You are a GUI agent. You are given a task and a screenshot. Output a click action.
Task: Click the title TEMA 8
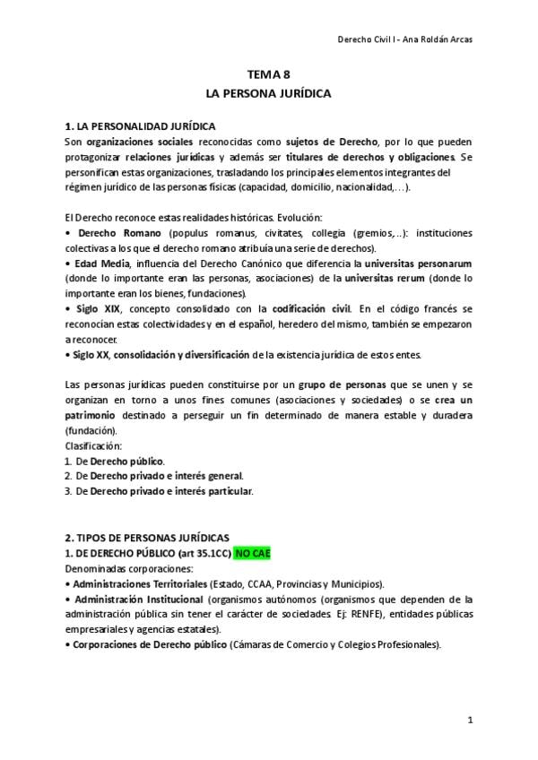269,77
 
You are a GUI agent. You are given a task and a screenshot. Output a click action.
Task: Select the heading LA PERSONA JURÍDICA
269,93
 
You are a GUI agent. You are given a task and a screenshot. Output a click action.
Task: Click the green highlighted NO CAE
252,553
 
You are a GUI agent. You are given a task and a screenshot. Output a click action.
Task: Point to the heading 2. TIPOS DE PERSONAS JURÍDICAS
147,538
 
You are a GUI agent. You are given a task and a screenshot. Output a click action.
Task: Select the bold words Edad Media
100,263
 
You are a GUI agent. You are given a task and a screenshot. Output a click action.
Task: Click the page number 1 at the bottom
470,720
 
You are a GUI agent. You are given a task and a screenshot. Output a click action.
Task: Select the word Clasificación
94,445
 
